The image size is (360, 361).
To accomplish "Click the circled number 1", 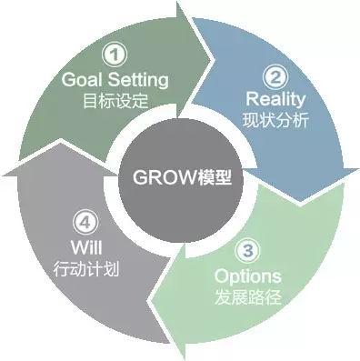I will click(x=113, y=55).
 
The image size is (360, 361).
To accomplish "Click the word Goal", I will click(x=82, y=79).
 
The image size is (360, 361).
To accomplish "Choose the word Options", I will click(x=246, y=276).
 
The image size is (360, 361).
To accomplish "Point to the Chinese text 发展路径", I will click(x=246, y=296).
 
